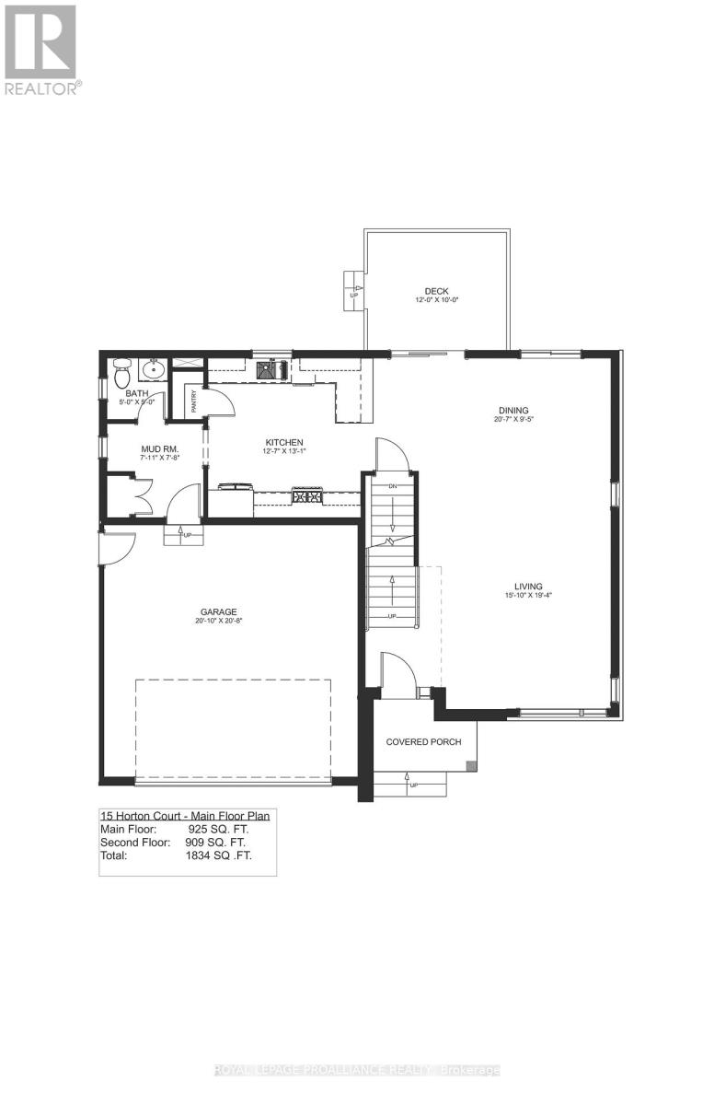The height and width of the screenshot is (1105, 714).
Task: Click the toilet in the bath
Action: (122, 372)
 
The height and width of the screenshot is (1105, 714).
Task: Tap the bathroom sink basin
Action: (153, 371)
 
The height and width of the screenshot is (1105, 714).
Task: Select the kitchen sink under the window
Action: (272, 369)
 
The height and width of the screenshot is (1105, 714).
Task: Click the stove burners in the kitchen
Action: (307, 496)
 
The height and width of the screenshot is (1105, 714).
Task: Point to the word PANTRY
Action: (194, 401)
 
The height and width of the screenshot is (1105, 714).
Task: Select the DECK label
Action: (436, 291)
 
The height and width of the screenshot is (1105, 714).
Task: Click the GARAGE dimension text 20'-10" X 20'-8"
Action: (219, 621)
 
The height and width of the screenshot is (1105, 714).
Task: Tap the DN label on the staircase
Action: (392, 485)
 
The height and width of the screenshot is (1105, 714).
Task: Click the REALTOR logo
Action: (41, 48)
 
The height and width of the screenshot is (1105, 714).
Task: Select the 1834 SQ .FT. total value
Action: (218, 855)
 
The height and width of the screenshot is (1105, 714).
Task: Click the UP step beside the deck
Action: (354, 290)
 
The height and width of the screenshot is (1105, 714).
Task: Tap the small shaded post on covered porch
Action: (471, 764)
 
